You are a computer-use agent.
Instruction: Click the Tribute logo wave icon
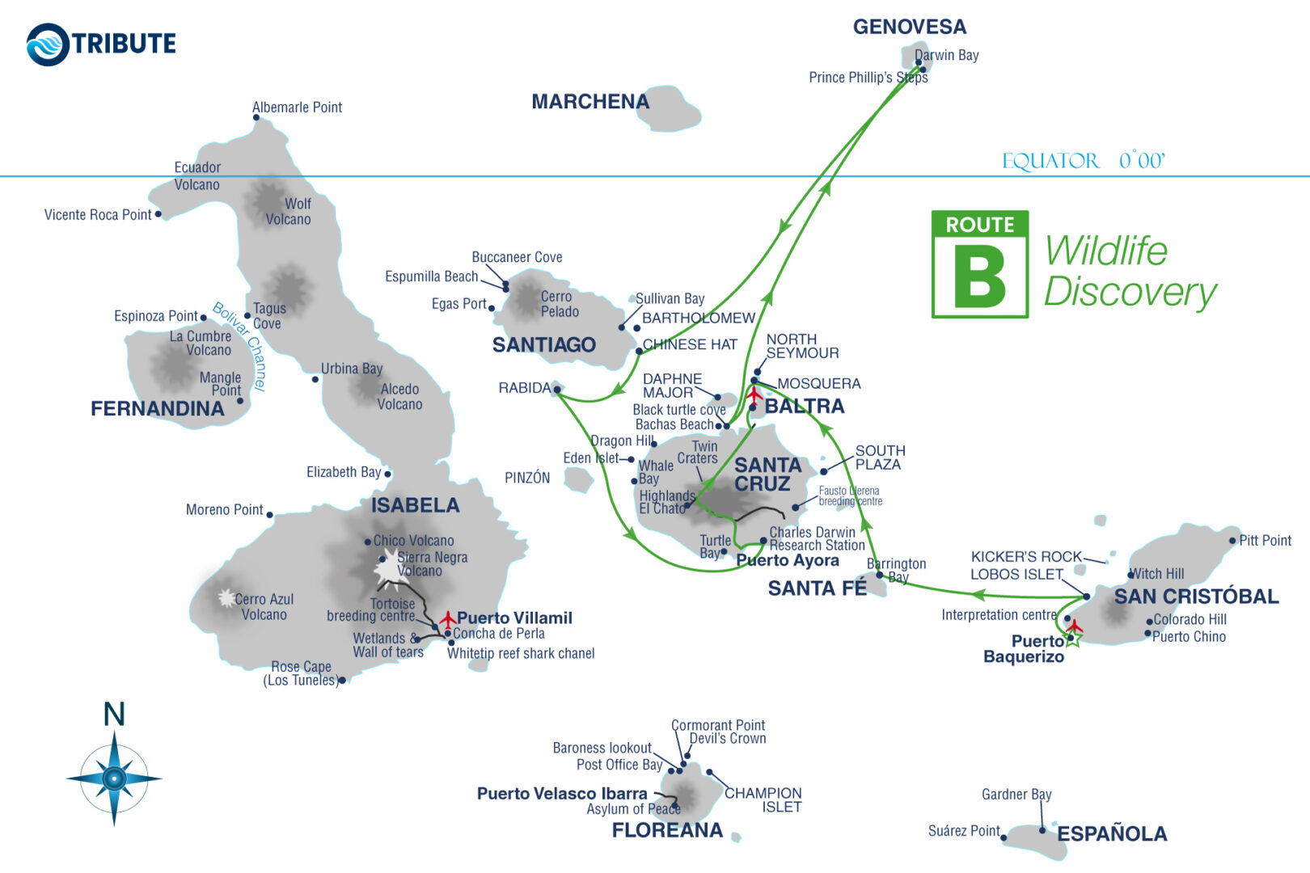(x=48, y=44)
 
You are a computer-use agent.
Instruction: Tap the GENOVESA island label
(x=909, y=27)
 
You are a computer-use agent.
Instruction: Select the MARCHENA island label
(x=589, y=102)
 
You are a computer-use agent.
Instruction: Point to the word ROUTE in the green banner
(x=980, y=225)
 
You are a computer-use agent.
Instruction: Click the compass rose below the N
(x=114, y=778)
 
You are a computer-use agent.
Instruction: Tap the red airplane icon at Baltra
(x=754, y=395)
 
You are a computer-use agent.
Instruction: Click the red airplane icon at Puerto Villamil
(x=447, y=620)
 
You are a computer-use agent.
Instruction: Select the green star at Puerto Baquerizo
(x=1072, y=639)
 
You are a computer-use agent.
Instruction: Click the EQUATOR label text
(x=1050, y=161)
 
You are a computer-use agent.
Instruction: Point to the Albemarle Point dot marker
(x=256, y=118)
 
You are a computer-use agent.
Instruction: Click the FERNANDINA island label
(x=158, y=409)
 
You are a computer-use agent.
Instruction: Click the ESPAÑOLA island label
(x=1112, y=834)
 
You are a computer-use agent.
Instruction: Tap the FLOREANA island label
(x=667, y=830)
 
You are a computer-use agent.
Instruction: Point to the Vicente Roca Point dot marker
(x=158, y=214)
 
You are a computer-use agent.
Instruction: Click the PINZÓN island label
(x=527, y=478)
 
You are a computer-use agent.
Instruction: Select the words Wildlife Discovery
(x=1130, y=272)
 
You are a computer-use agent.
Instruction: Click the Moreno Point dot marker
(x=269, y=515)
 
